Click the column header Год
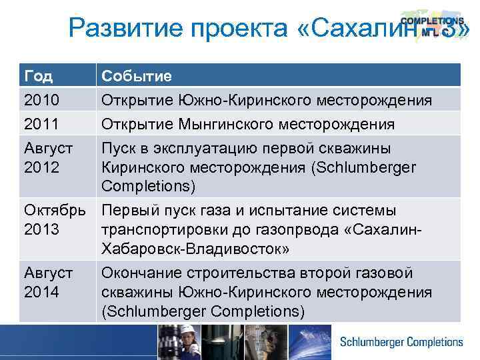(38, 76)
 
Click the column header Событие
(137, 76)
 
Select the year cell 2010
(41, 100)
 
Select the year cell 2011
(41, 124)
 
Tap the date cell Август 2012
(48, 157)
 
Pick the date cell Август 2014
(48, 283)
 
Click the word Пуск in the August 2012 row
(119, 148)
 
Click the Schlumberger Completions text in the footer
(401, 342)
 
